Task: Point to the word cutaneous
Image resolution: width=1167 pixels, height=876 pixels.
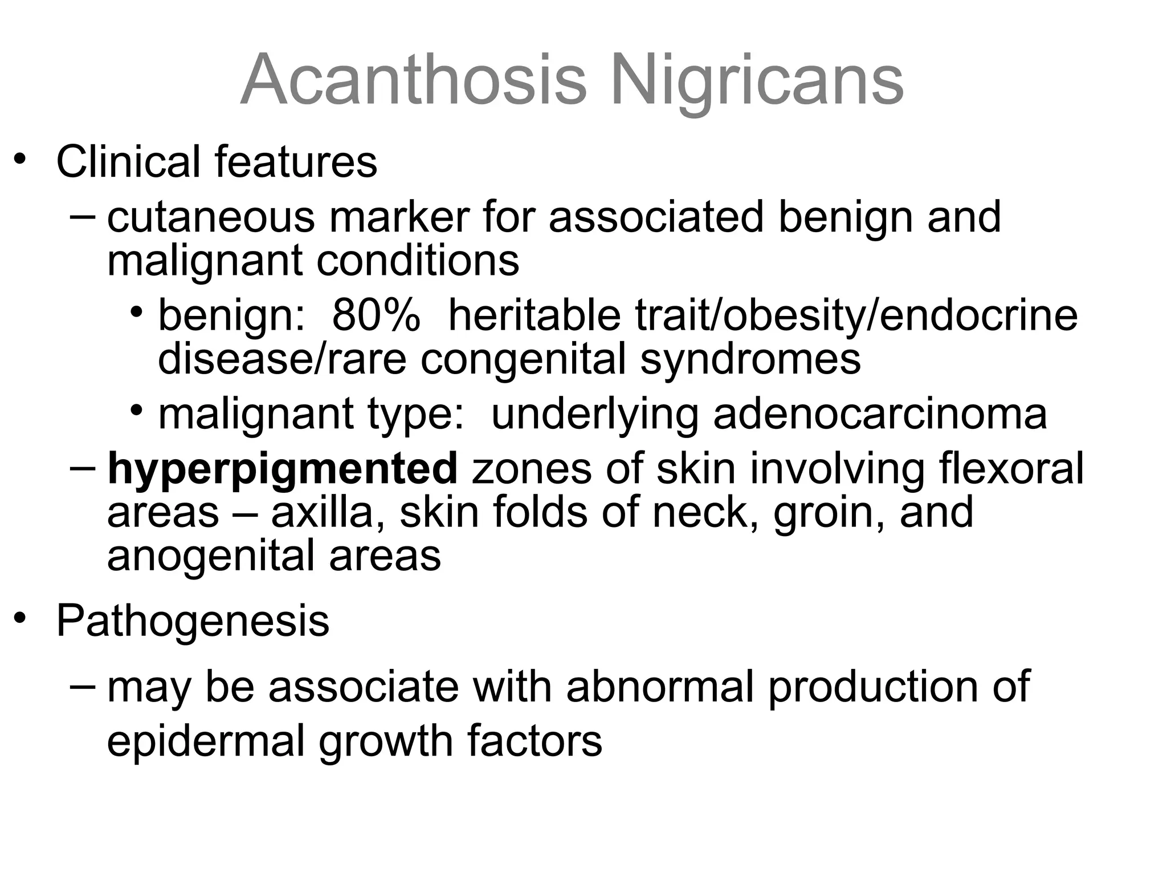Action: pos(210,217)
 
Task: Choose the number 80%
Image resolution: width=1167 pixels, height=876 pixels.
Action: pos(376,315)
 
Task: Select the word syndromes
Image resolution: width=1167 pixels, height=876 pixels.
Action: pos(750,359)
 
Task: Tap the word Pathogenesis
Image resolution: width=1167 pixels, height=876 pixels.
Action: pos(193,620)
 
